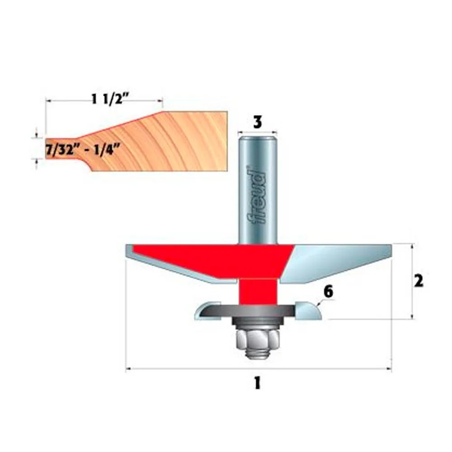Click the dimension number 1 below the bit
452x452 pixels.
[x=257, y=383]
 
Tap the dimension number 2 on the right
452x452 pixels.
[x=418, y=281]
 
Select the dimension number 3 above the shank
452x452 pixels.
[x=257, y=122]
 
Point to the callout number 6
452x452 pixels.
[x=328, y=292]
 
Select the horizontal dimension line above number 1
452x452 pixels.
[x=258, y=370]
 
